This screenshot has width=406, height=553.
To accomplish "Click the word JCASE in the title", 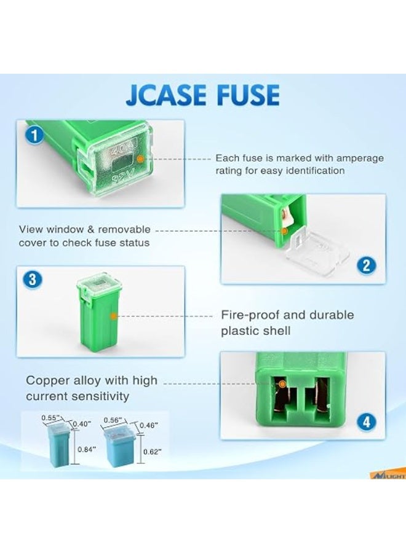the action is pyautogui.click(x=166, y=95).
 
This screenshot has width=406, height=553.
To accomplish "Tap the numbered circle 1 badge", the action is pyautogui.click(x=34, y=135).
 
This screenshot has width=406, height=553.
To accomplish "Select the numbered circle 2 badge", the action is pyautogui.click(x=367, y=265).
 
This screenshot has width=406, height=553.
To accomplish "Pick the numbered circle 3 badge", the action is pyautogui.click(x=33, y=280).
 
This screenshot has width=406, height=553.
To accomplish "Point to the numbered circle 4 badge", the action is pyautogui.click(x=367, y=422).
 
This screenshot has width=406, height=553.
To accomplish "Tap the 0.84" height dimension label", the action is pyautogui.click(x=87, y=449).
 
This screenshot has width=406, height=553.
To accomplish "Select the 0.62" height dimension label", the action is pyautogui.click(x=153, y=452).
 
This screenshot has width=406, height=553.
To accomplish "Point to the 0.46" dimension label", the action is pyautogui.click(x=149, y=425).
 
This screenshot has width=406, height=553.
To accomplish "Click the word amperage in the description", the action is pyautogui.click(x=360, y=159).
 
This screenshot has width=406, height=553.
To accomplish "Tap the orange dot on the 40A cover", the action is pyautogui.click(x=140, y=159).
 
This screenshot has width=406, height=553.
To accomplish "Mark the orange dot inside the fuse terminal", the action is pyautogui.click(x=282, y=383).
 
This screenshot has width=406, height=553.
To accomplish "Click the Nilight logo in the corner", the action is pyautogui.click(x=388, y=476).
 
